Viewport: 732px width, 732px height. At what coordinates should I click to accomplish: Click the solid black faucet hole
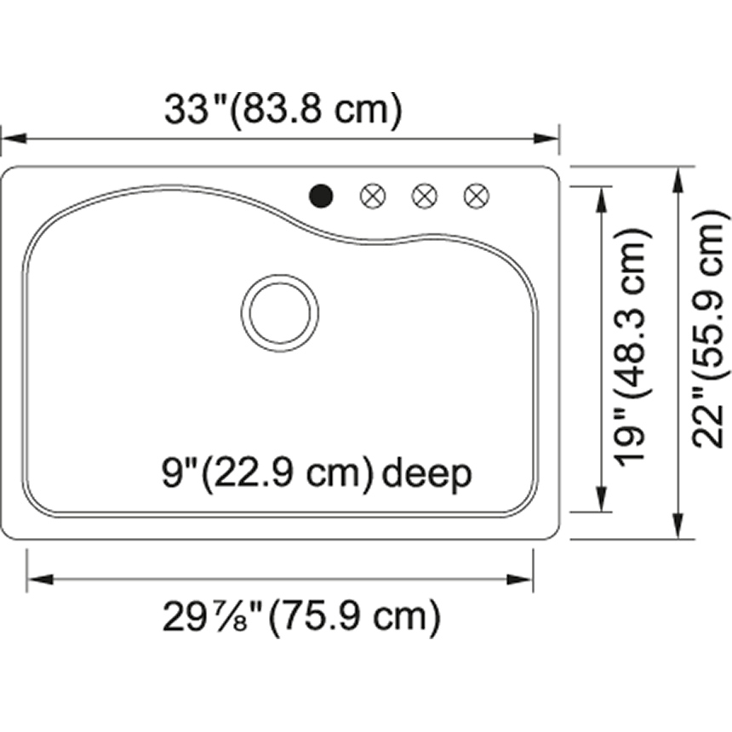pyautogui.click(x=321, y=196)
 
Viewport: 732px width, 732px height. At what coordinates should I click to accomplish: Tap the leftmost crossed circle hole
pyautogui.click(x=373, y=196)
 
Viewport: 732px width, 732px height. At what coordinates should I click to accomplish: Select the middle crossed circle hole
pyautogui.click(x=425, y=196)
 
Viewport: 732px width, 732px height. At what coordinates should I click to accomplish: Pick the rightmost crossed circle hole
pyautogui.click(x=477, y=196)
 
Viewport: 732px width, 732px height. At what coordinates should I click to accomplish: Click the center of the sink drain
pyautogui.click(x=280, y=312)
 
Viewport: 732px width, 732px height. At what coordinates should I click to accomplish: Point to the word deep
pyautogui.click(x=426, y=475)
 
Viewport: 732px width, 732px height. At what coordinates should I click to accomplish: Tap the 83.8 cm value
pyautogui.click(x=316, y=110)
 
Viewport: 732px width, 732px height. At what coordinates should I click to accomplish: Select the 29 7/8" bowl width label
pyautogui.click(x=213, y=616)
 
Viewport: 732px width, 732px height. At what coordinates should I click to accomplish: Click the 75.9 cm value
pyautogui.click(x=354, y=617)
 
